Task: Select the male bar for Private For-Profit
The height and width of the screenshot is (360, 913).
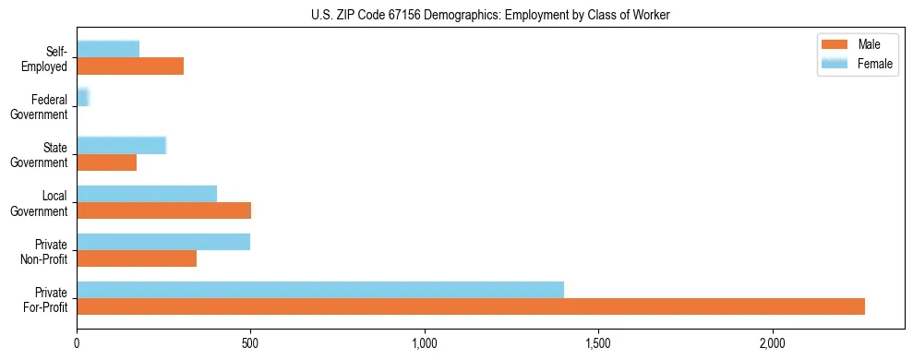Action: coord(471,306)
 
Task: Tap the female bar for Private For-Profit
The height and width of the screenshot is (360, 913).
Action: coord(320,290)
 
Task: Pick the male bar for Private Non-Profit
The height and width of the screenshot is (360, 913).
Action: coord(137,258)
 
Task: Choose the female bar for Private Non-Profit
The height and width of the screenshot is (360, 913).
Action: coord(163,242)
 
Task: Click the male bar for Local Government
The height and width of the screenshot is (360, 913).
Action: coord(163,210)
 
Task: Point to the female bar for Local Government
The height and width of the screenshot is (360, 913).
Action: coord(147,194)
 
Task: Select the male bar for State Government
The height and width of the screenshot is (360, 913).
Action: coord(107,162)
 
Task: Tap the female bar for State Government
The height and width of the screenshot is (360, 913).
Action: coord(121,146)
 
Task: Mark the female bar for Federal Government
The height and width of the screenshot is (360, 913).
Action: coord(82,98)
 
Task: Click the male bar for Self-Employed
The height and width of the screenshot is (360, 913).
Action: coord(130,66)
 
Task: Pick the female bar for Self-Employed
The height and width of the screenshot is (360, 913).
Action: coord(108,50)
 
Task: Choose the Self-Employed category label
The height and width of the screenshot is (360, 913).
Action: coord(47,58)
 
